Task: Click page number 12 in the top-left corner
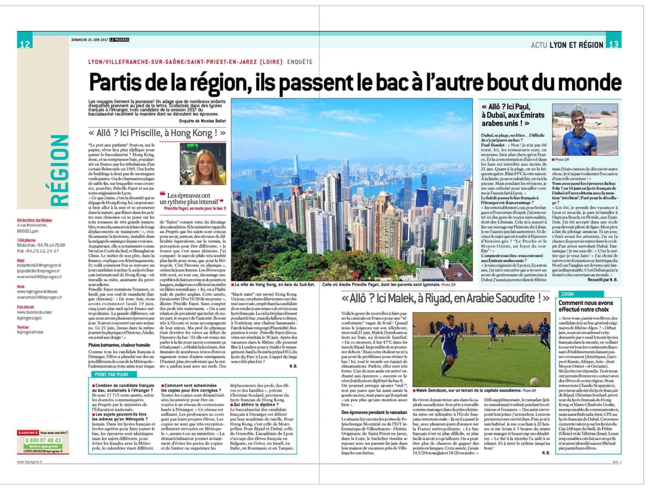[x=25, y=44]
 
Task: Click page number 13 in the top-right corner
[x=614, y=44]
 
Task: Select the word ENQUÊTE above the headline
[x=300, y=62]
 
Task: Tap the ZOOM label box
[x=568, y=294]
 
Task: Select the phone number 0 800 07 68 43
[x=44, y=440]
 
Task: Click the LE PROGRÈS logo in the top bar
[x=118, y=40]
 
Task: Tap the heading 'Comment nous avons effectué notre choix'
[x=586, y=306]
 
